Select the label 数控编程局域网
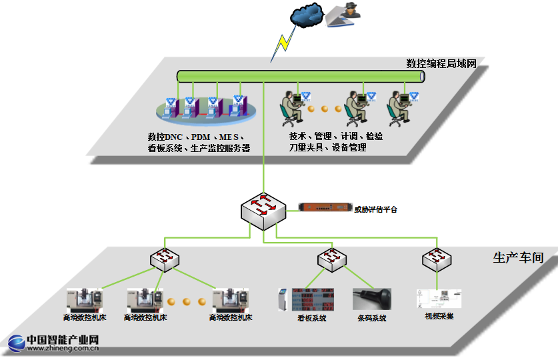[x=441, y=63]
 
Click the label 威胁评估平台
[x=375, y=209]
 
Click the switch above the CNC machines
[x=163, y=259]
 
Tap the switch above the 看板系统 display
[x=331, y=259]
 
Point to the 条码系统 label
[x=371, y=318]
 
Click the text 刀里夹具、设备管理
[x=327, y=147]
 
